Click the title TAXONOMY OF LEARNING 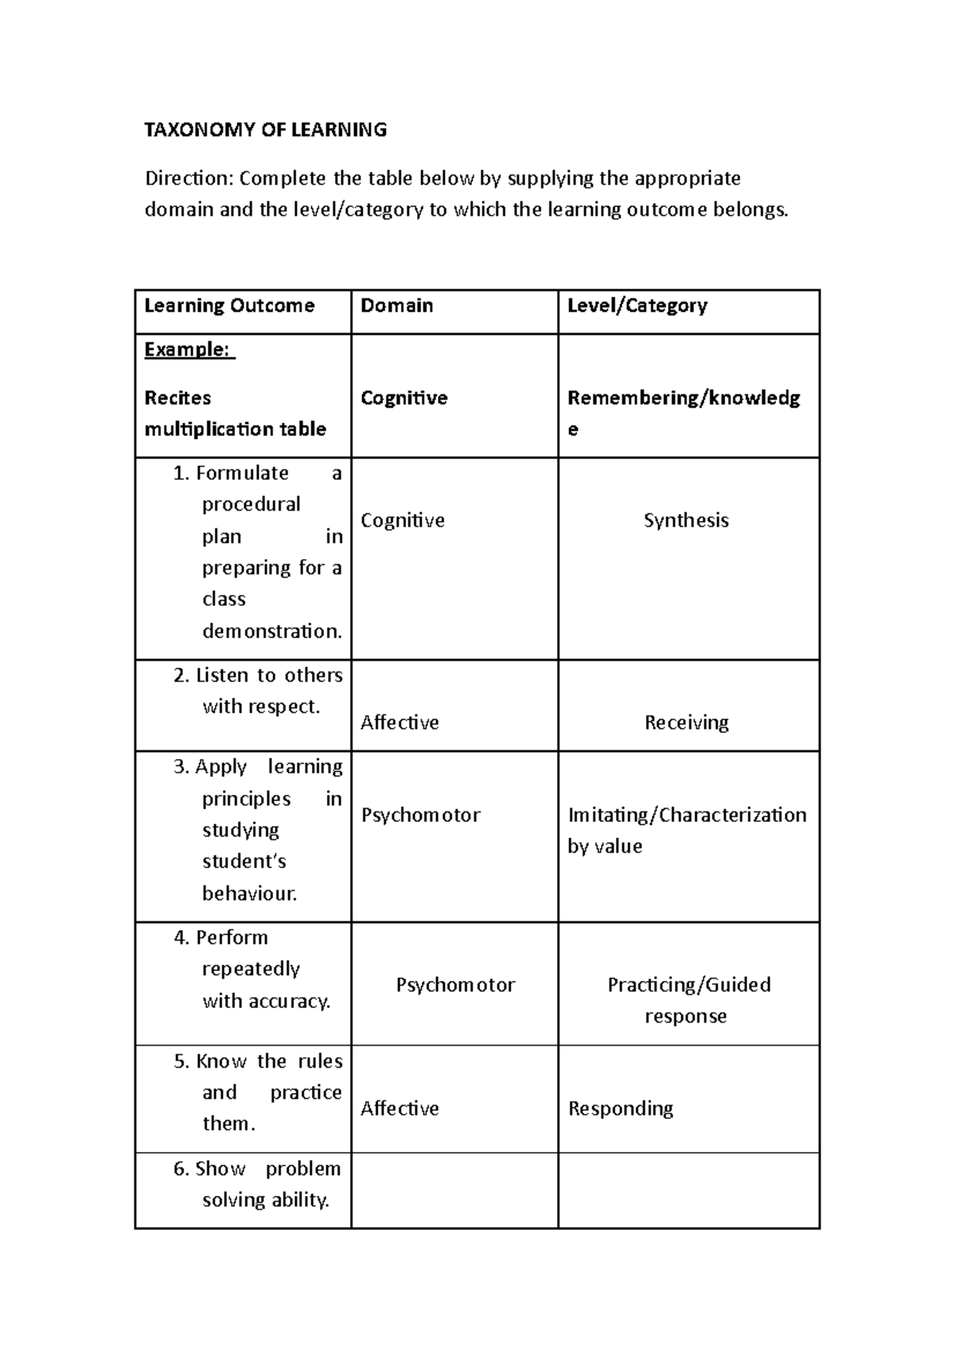[265, 130]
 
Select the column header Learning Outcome [229, 306]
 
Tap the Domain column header [396, 306]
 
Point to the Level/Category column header [637, 306]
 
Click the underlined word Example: [189, 349]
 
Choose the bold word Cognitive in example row [403, 398]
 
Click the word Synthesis [685, 520]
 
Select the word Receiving [686, 722]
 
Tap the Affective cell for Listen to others [400, 722]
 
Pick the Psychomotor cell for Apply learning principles [420, 815]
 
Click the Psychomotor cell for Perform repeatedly [455, 985]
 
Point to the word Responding [620, 1108]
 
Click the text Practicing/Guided [688, 985]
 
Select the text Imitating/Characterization [687, 815]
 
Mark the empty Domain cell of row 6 [454, 1190]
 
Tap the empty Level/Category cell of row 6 [688, 1190]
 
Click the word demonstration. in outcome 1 [271, 631]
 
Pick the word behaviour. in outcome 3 [249, 894]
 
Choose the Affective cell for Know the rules [400, 1108]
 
